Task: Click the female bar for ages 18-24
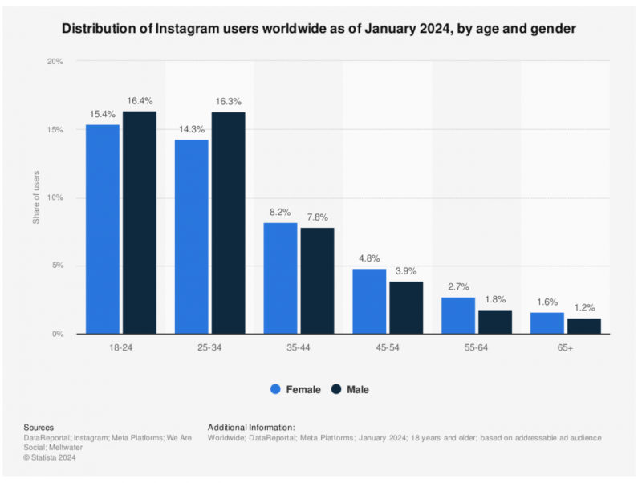pyautogui.click(x=103, y=229)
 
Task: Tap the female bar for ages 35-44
pyautogui.click(x=281, y=278)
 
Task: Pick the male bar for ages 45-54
pyautogui.click(x=406, y=307)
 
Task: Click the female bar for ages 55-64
pyautogui.click(x=458, y=315)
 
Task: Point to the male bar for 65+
pyautogui.click(x=584, y=326)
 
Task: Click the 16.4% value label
pyautogui.click(x=140, y=102)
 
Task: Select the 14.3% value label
pyautogui.click(x=191, y=131)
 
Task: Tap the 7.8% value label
pyautogui.click(x=317, y=217)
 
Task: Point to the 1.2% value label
pyautogui.click(x=584, y=308)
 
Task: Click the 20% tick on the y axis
pyautogui.click(x=55, y=62)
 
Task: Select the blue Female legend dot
pyautogui.click(x=275, y=389)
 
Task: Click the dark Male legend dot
pyautogui.click(x=337, y=389)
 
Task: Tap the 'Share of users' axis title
pyautogui.click(x=36, y=197)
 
